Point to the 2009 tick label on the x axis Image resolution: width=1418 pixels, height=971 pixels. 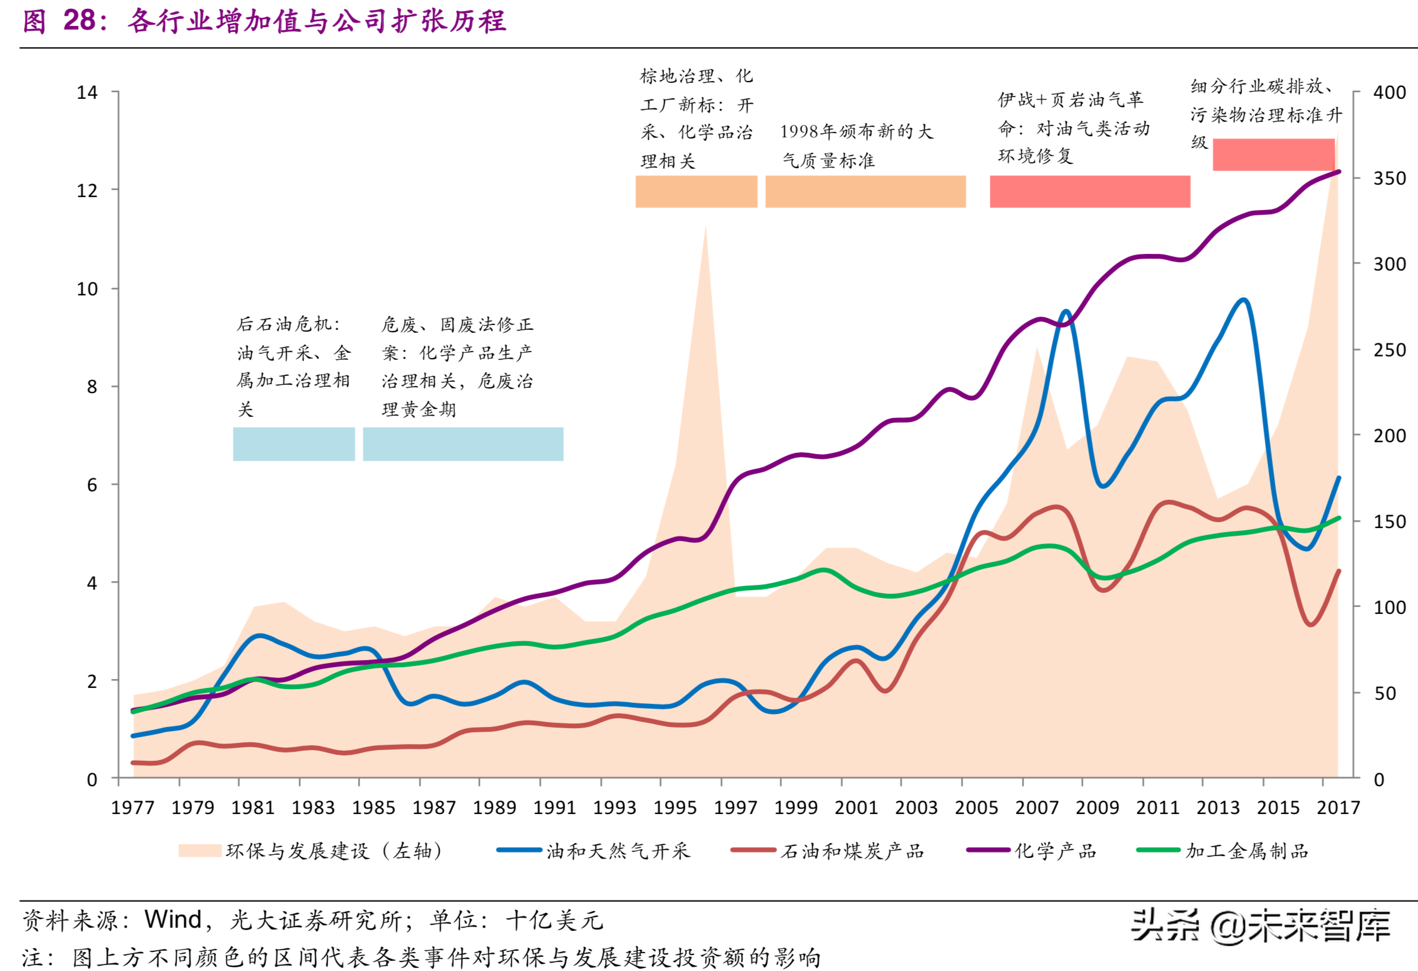pyautogui.click(x=1097, y=808)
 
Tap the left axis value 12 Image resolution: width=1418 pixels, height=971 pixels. pyautogui.click(x=86, y=191)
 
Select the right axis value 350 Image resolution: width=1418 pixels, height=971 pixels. pyautogui.click(x=1390, y=179)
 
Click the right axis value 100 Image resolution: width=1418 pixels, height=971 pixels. pyautogui.click(x=1390, y=607)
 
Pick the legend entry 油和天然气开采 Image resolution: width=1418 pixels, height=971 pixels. pyautogui.click(x=617, y=851)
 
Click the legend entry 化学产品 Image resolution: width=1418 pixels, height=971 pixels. pyautogui.click(x=1055, y=851)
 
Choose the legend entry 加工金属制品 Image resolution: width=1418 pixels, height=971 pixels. pyautogui.click(x=1247, y=851)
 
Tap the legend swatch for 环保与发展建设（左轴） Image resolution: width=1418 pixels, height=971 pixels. pyautogui.click(x=200, y=851)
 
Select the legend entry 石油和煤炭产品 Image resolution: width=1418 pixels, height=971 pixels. pyautogui.click(x=852, y=851)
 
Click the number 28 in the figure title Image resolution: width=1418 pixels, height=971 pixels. pyautogui.click(x=79, y=21)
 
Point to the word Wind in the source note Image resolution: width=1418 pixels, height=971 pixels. pyautogui.click(x=173, y=919)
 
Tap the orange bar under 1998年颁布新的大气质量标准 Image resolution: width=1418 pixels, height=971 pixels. pyautogui.click(x=865, y=191)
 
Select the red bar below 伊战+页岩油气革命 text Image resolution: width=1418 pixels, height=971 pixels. pyautogui.click(x=1090, y=191)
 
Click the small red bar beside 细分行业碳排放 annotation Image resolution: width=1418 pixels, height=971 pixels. pyautogui.click(x=1273, y=155)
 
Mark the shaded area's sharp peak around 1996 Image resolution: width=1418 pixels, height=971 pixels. pyautogui.click(x=705, y=227)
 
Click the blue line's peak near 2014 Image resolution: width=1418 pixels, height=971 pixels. pyautogui.click(x=1243, y=300)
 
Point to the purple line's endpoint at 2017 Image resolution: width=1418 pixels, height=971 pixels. pyautogui.click(x=1339, y=171)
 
